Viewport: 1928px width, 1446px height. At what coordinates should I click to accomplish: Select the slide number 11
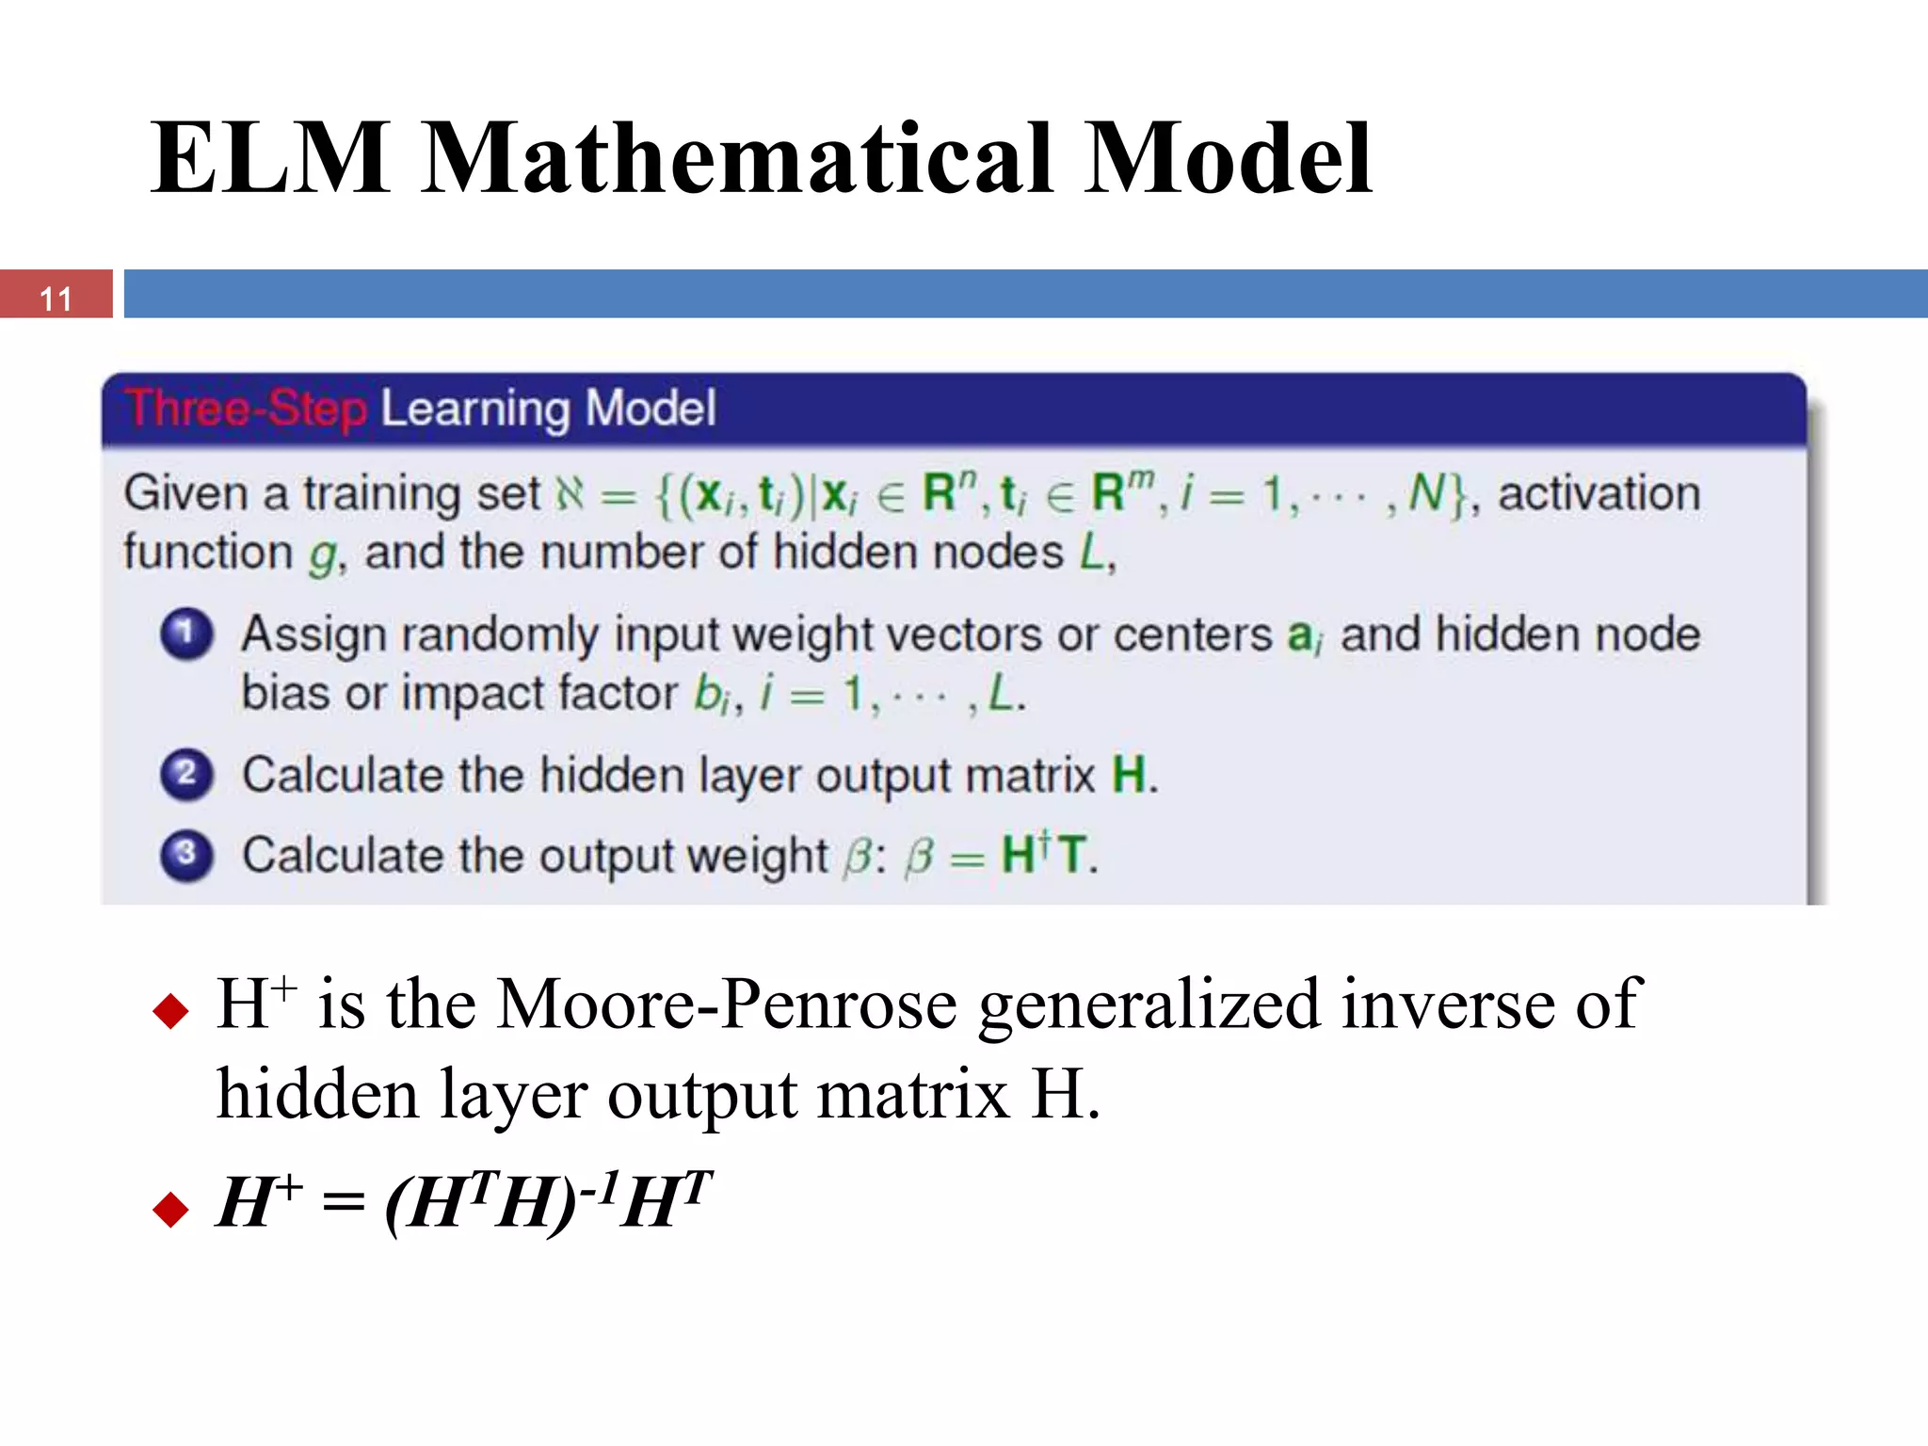pos(56,298)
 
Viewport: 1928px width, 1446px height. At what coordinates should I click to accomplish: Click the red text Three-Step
pos(246,410)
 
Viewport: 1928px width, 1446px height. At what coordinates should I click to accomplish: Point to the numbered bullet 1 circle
pos(186,634)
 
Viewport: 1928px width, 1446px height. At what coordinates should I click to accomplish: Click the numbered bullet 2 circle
pos(186,775)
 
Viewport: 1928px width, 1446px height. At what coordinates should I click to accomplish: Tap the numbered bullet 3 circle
pos(186,855)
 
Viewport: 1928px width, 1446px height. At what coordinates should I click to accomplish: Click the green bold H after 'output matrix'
pos(1129,775)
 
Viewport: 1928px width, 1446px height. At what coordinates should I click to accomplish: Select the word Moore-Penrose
pos(727,1005)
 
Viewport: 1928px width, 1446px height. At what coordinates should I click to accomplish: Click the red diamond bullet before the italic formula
pos(170,1209)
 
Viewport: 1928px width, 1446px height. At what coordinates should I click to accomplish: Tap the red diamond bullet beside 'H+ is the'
pos(170,1012)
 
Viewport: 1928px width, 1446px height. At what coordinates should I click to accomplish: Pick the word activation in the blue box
pos(1599,493)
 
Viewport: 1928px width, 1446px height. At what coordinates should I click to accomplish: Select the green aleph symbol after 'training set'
pos(570,493)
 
